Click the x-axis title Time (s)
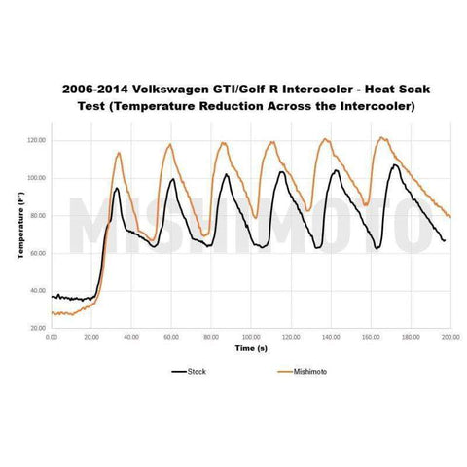pyautogui.click(x=250, y=347)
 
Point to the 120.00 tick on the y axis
pyautogui.click(x=36, y=140)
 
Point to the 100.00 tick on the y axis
pyautogui.click(x=36, y=178)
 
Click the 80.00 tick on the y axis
pyautogui.click(x=37, y=216)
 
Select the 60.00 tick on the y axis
pyautogui.click(x=37, y=253)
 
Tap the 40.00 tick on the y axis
pyautogui.click(x=37, y=291)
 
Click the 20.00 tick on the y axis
pyautogui.click(x=37, y=329)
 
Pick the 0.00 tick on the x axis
pyautogui.click(x=53, y=337)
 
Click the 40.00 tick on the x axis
pyautogui.click(x=131, y=337)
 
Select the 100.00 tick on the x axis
pyautogui.click(x=251, y=337)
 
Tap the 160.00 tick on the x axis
pyautogui.click(x=371, y=337)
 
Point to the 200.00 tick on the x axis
pyautogui.click(x=449, y=337)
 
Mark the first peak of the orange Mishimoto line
pyautogui.click(x=119, y=153)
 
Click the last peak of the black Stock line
pyautogui.click(x=395, y=164)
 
